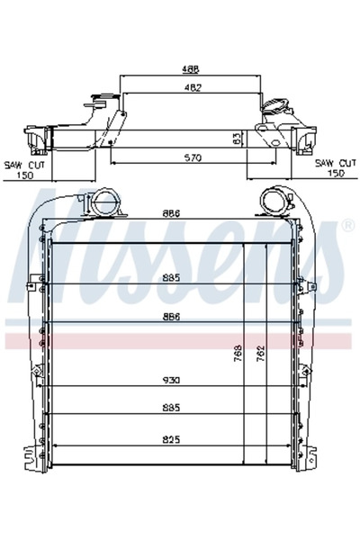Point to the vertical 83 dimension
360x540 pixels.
(x=237, y=139)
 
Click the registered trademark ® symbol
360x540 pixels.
(x=347, y=224)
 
